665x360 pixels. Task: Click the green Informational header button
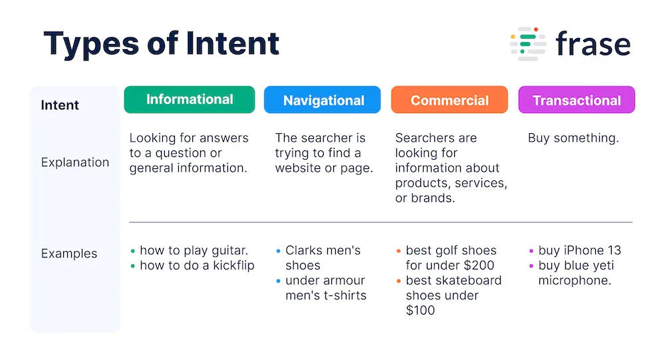coord(190,100)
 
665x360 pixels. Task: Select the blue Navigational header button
coord(323,100)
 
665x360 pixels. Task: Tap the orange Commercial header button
coord(450,100)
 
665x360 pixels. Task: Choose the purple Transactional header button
coord(577,100)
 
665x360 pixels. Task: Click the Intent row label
coord(60,105)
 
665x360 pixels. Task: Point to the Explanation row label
coord(75,162)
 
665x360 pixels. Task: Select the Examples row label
coord(69,254)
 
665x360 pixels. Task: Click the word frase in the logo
coord(593,44)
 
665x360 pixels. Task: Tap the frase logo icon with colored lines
coord(528,44)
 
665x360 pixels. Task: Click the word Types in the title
coord(90,43)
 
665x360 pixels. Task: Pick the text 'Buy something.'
coord(573,138)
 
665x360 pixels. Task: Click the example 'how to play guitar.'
coord(194,251)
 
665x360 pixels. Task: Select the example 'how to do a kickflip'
coord(197,266)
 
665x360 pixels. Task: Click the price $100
coord(420,310)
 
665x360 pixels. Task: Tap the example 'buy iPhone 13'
coord(579,251)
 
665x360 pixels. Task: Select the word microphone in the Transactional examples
coord(575,280)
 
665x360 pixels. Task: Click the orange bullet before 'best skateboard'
coord(399,281)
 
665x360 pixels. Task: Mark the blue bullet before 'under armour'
coord(279,281)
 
